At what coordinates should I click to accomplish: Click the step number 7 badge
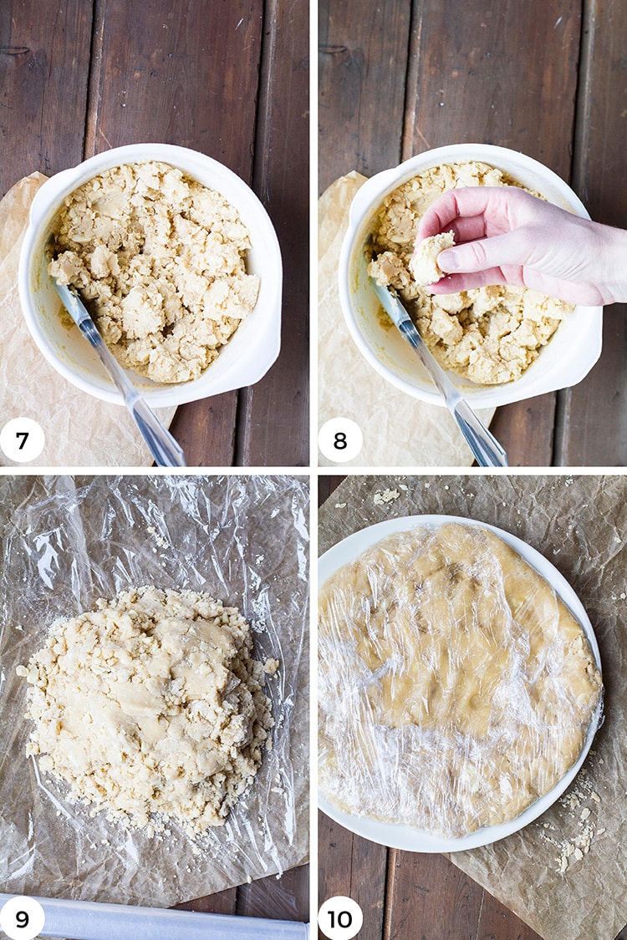tap(23, 440)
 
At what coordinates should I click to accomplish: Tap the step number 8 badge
tap(340, 440)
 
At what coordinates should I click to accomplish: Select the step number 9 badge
tap(23, 917)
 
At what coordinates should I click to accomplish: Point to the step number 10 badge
tap(340, 917)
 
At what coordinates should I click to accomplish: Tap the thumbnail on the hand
tap(450, 260)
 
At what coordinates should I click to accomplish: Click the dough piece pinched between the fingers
tap(431, 258)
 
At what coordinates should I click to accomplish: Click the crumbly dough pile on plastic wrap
tap(147, 708)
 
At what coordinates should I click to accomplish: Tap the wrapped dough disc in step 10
tap(459, 680)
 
